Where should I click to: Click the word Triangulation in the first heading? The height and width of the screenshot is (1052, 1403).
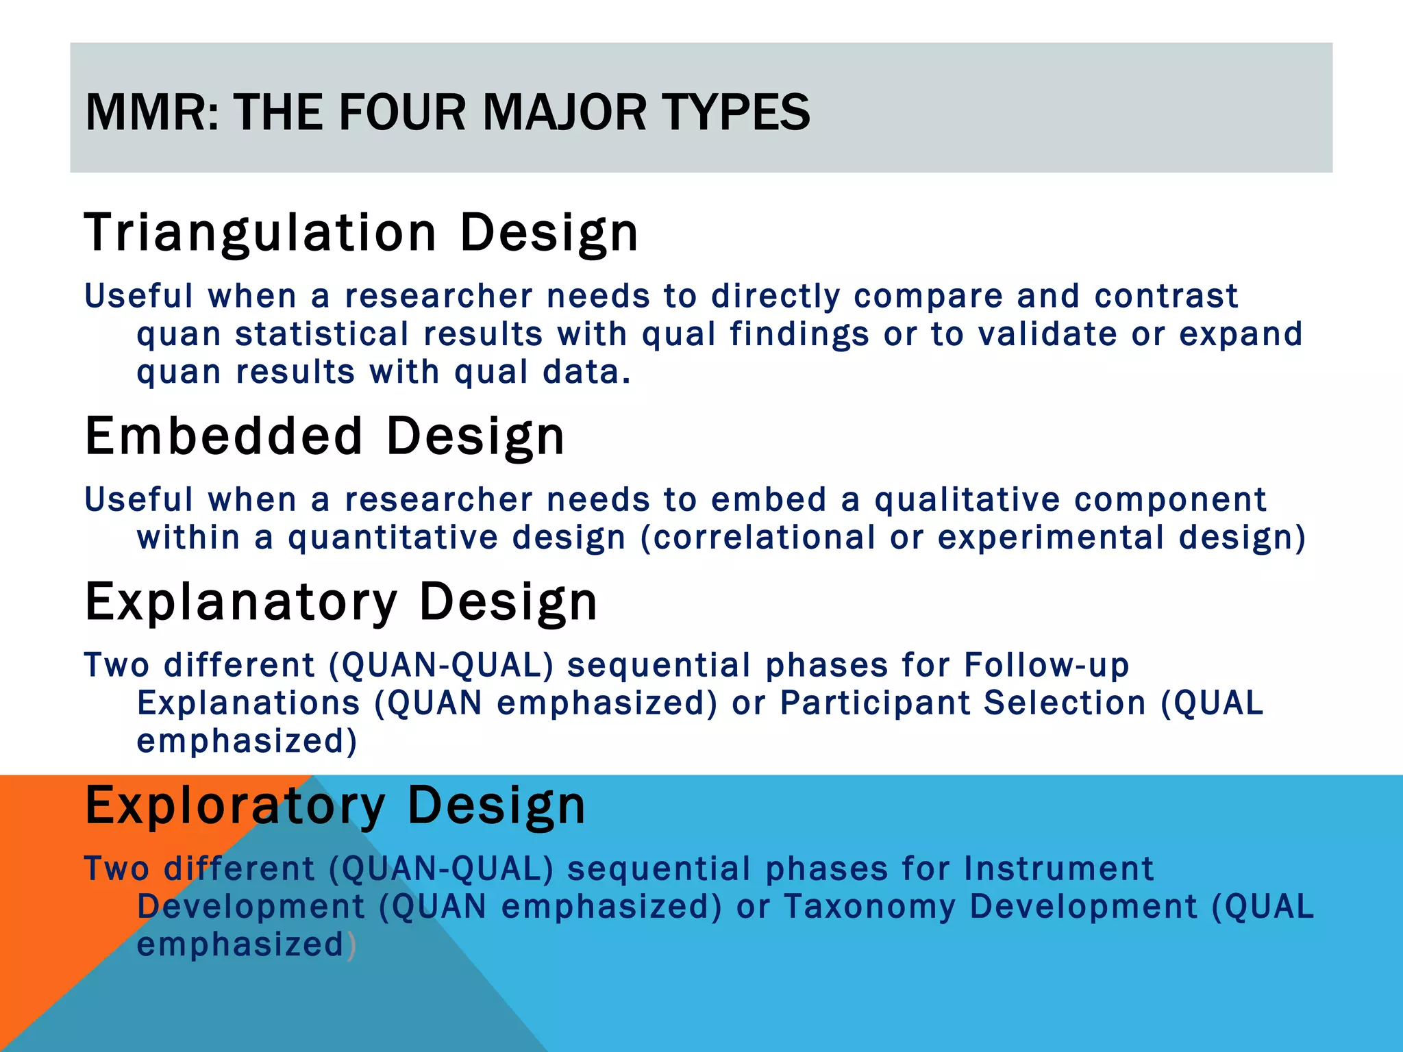pyautogui.click(x=260, y=233)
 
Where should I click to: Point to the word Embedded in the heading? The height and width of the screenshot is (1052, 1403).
pyautogui.click(x=223, y=436)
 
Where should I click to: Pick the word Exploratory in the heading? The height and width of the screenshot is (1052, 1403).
pyautogui.click(x=235, y=805)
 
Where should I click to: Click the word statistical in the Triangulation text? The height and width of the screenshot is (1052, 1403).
pyautogui.click(x=322, y=334)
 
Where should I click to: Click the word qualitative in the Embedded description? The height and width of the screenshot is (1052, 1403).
pyautogui.click(x=967, y=499)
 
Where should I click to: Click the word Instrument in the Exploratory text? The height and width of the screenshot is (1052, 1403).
pyautogui.click(x=1058, y=868)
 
